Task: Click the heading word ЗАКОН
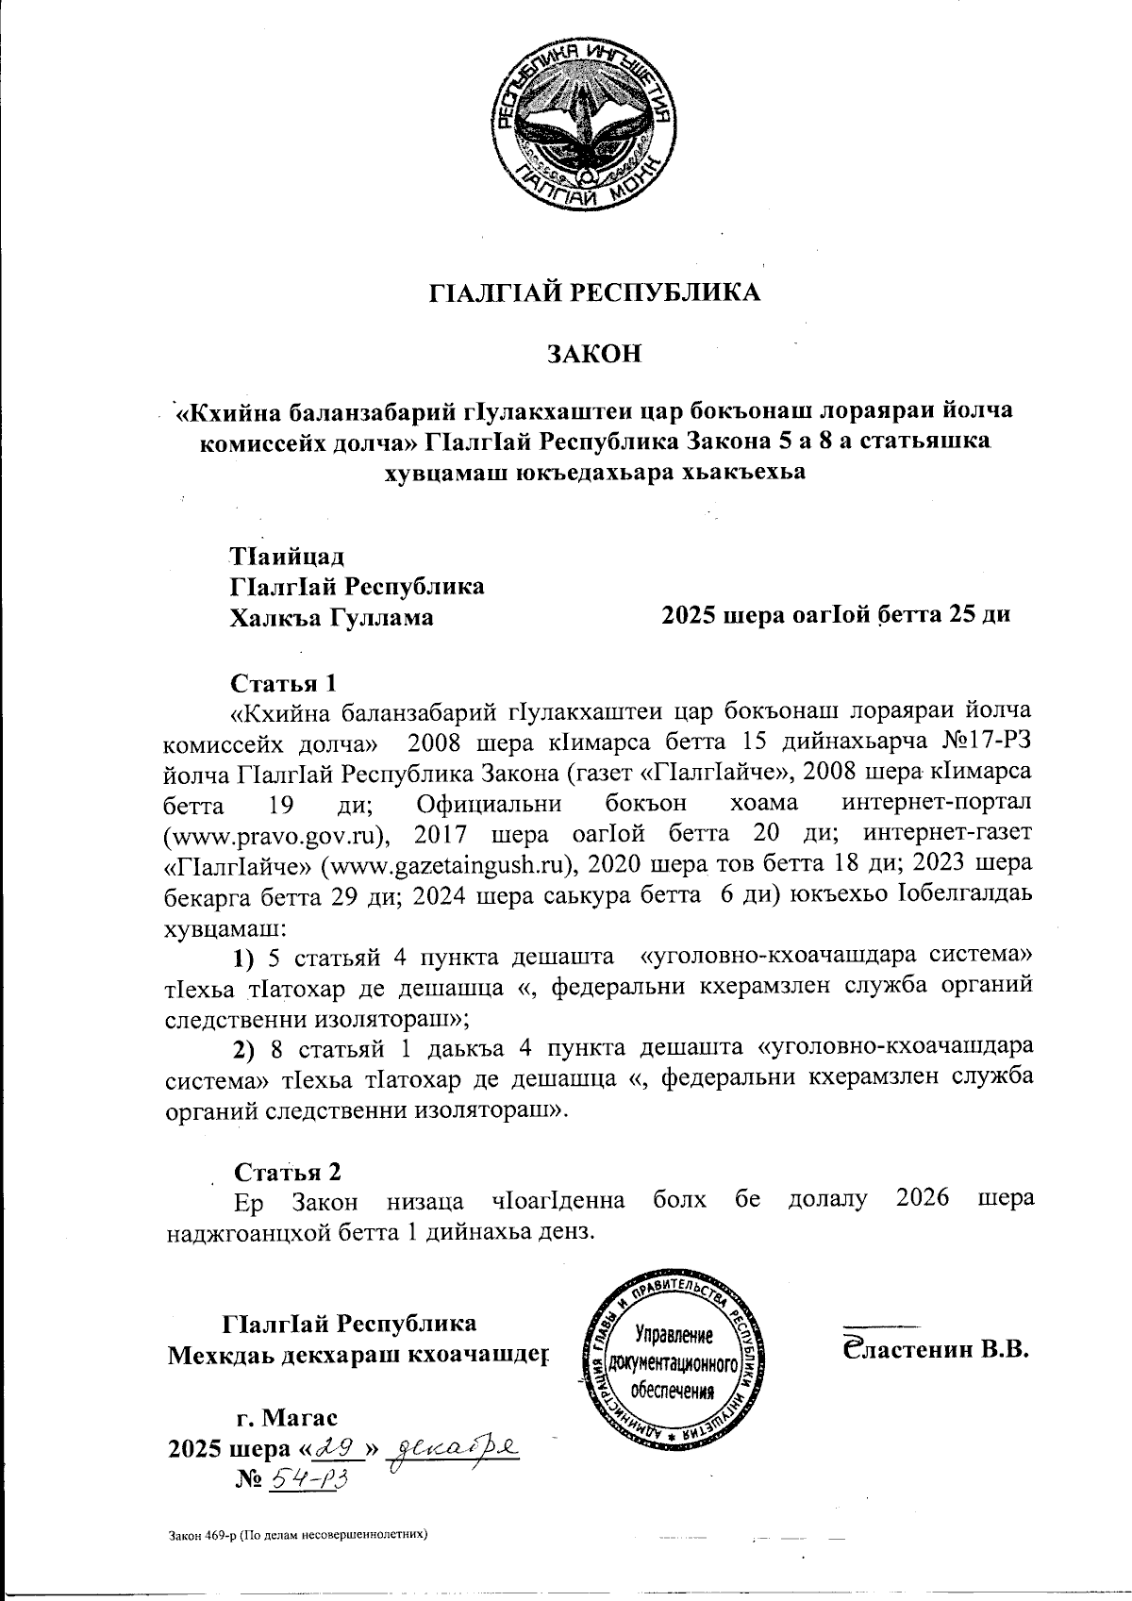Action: click(x=595, y=355)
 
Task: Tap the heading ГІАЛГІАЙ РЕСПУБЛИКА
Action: click(x=594, y=292)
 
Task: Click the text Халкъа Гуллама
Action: click(x=332, y=618)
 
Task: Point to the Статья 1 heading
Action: click(x=284, y=681)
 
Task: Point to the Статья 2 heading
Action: click(x=287, y=1172)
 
